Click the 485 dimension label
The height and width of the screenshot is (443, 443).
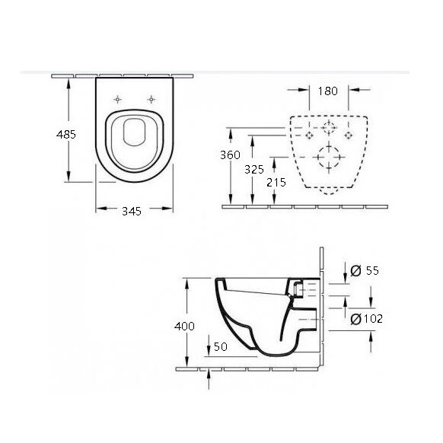pos(66,134)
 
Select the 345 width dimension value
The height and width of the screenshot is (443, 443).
pos(132,211)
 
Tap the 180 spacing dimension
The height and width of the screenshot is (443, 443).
pos(328,91)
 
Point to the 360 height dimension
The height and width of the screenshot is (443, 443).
pos(231,155)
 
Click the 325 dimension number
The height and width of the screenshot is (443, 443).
pos(254,169)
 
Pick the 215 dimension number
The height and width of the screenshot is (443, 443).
pos(276,182)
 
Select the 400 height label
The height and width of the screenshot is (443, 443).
pos(184,326)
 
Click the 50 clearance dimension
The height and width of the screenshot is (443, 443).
pos(221,346)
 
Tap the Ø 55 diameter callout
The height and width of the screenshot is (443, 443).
pos(365,270)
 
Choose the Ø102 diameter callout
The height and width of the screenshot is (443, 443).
pos(367,319)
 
